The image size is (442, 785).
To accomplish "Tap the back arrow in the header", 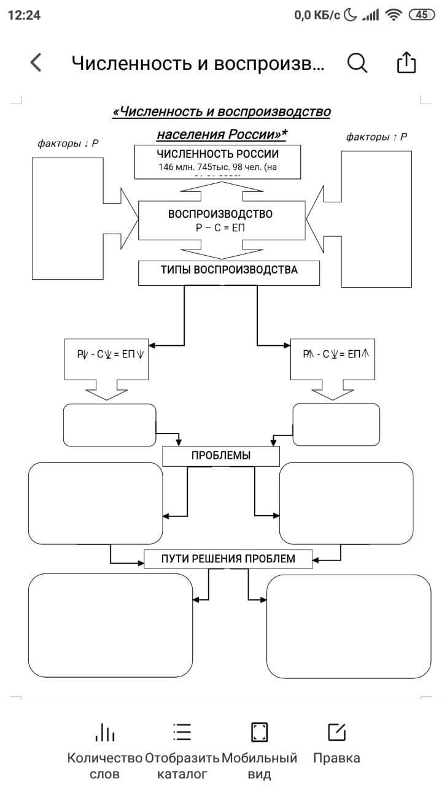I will click(36, 63).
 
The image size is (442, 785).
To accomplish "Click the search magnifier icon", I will click(357, 63).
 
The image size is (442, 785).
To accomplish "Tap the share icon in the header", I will click(406, 63).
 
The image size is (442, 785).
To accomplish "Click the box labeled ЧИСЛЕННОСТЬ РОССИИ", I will click(217, 161).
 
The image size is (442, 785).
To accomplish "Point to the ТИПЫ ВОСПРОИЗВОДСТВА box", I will click(229, 272).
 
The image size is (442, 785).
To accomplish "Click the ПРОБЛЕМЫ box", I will click(221, 456).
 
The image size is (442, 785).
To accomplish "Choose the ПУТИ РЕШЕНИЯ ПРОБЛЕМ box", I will click(228, 559).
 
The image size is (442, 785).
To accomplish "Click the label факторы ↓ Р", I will click(68, 144).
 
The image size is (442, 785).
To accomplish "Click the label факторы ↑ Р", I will click(376, 137).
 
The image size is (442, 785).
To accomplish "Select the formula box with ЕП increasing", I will click(335, 355).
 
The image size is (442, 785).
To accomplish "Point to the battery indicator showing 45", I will click(422, 15).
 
